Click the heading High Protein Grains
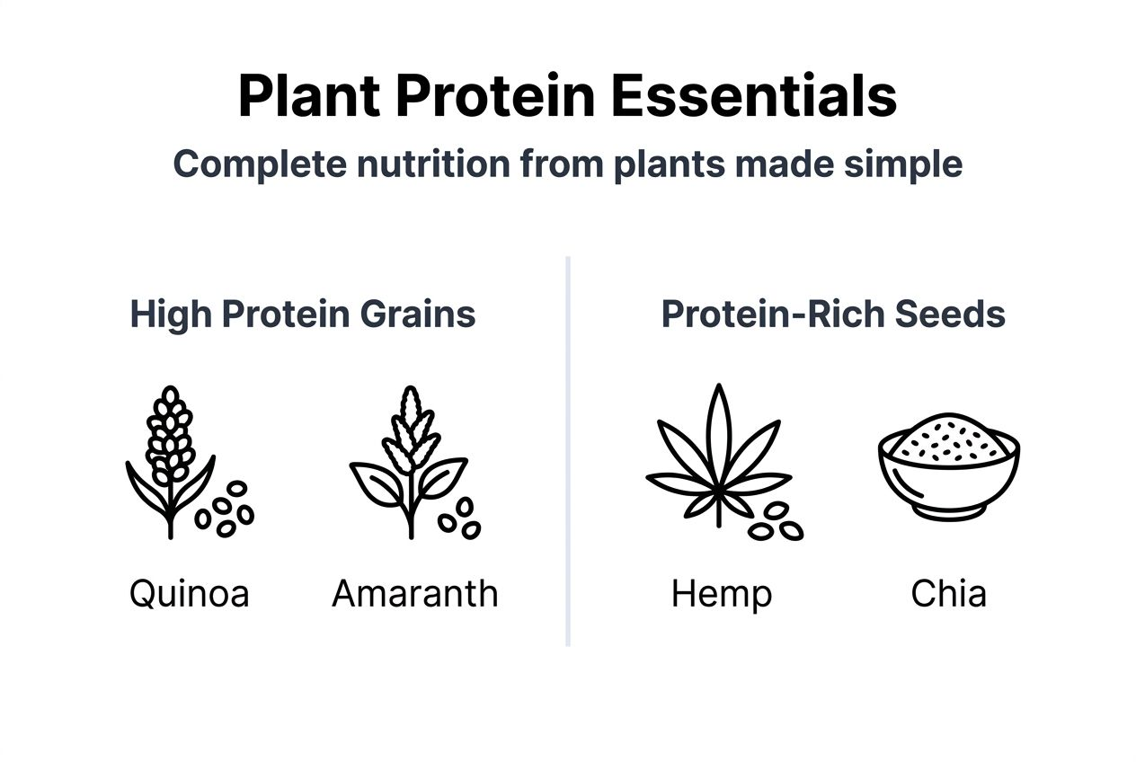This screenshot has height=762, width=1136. (x=303, y=315)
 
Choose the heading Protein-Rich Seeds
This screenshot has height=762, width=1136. (x=833, y=315)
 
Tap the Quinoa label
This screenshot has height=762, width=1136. (x=189, y=594)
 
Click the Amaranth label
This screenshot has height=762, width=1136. (x=414, y=594)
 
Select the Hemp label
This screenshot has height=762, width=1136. (x=721, y=594)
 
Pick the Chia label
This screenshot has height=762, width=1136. (x=948, y=594)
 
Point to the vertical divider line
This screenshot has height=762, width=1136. (x=568, y=449)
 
